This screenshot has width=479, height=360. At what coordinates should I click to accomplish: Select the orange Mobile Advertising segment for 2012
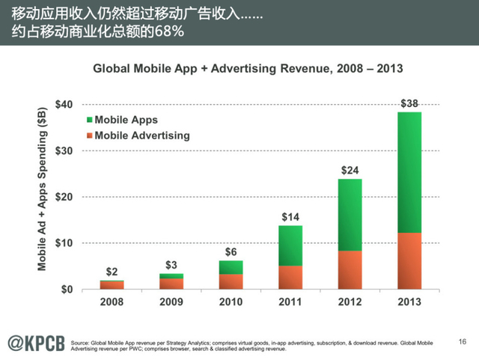pyautogui.click(x=350, y=269)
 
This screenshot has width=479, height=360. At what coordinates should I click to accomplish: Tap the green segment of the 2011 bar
pyautogui.click(x=291, y=245)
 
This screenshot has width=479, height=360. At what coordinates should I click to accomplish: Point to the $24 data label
pyautogui.click(x=350, y=170)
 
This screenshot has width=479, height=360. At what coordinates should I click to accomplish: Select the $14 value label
pyautogui.click(x=291, y=217)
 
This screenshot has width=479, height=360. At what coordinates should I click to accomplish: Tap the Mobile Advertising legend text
pyautogui.click(x=142, y=135)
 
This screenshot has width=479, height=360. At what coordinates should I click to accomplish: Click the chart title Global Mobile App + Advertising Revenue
pyautogui.click(x=247, y=68)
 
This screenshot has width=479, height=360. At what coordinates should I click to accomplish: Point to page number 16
pyautogui.click(x=461, y=341)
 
